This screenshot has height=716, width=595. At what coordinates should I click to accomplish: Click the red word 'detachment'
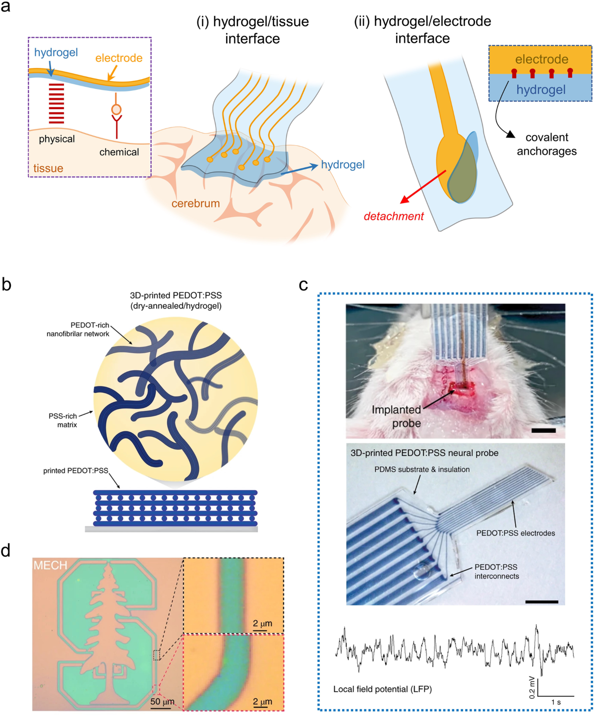pyautogui.click(x=394, y=216)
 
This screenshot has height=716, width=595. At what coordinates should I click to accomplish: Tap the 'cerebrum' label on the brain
pyautogui.click(x=195, y=203)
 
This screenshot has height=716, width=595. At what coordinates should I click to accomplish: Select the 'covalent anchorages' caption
pyautogui.click(x=546, y=144)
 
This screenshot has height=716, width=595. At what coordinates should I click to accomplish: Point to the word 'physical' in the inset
pyautogui.click(x=57, y=139)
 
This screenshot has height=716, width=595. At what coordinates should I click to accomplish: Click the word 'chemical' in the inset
pyautogui.click(x=119, y=152)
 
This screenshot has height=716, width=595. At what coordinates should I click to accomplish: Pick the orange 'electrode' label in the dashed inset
pyautogui.click(x=119, y=58)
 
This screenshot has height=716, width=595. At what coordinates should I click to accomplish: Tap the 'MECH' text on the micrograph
pyautogui.click(x=50, y=565)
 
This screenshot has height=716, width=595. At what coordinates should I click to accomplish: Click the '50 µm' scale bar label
pyautogui.click(x=162, y=702)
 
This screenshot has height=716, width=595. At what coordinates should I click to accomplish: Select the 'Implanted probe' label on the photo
pyautogui.click(x=397, y=416)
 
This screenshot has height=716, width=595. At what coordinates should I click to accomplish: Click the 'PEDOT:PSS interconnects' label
pyautogui.click(x=496, y=572)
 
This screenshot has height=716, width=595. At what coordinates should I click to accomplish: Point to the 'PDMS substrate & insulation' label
pyautogui.click(x=422, y=469)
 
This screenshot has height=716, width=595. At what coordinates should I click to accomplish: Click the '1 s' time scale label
pyautogui.click(x=556, y=702)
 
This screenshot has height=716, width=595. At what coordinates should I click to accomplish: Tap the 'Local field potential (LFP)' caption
pyautogui.click(x=382, y=689)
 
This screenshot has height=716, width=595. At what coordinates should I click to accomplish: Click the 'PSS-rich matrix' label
pyautogui.click(x=63, y=420)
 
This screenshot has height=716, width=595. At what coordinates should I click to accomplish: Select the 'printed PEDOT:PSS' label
pyautogui.click(x=75, y=470)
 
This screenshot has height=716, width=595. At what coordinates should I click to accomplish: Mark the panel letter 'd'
pyautogui.click(x=6, y=550)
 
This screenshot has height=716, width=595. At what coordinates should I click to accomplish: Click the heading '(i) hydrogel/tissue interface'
pyautogui.click(x=252, y=30)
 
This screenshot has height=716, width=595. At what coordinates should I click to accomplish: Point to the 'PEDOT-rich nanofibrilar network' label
pyautogui.click(x=78, y=329)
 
